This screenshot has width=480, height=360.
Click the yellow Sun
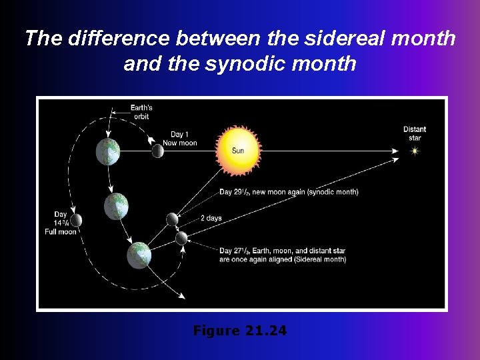coord(237,149)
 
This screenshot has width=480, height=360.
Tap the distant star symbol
coord(415,151)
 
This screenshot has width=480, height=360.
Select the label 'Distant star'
coord(415,133)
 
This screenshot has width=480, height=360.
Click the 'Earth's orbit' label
coord(141,112)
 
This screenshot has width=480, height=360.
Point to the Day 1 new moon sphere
coord(157,151)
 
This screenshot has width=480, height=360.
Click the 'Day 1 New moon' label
coord(179,139)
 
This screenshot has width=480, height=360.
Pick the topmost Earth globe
coord(108,153)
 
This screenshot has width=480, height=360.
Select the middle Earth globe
coord(116,206)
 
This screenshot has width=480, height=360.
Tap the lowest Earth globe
coord(139,255)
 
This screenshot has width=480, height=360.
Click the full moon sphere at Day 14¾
coord(77,220)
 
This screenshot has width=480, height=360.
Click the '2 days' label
coord(211,219)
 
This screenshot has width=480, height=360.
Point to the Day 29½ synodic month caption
coord(289,192)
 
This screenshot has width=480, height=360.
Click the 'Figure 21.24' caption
coord(239,330)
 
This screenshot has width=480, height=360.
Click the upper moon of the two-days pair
coord(172,219)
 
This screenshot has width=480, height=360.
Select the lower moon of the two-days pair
coord(181,237)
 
